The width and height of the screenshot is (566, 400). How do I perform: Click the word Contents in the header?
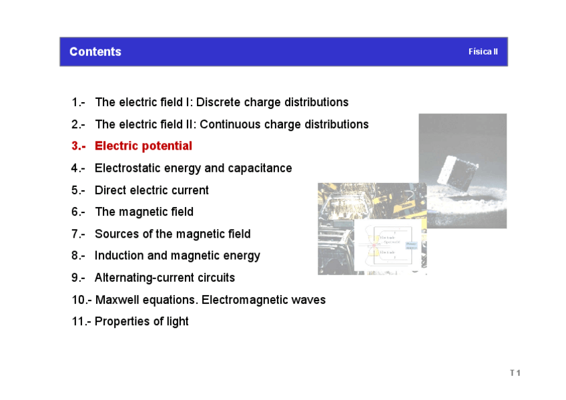[95, 52]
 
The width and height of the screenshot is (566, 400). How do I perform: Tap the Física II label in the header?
[483, 52]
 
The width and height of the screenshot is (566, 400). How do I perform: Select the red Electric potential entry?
[143, 146]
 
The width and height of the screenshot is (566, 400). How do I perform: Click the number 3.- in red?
[79, 146]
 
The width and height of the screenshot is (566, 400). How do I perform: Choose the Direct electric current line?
[152, 190]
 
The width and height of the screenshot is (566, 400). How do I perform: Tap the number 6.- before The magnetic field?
[79, 212]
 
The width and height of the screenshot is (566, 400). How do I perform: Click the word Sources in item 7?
[116, 234]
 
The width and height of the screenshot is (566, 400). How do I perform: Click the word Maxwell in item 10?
[117, 300]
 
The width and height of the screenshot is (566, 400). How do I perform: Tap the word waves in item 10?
[308, 300]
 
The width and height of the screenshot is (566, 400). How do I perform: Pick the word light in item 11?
[178, 322]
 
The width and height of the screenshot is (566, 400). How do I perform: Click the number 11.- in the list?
[81, 322]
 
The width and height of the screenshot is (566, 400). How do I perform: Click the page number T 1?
[515, 373]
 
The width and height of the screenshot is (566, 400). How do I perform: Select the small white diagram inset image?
[387, 247]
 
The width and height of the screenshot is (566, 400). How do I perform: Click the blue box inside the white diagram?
[412, 246]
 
